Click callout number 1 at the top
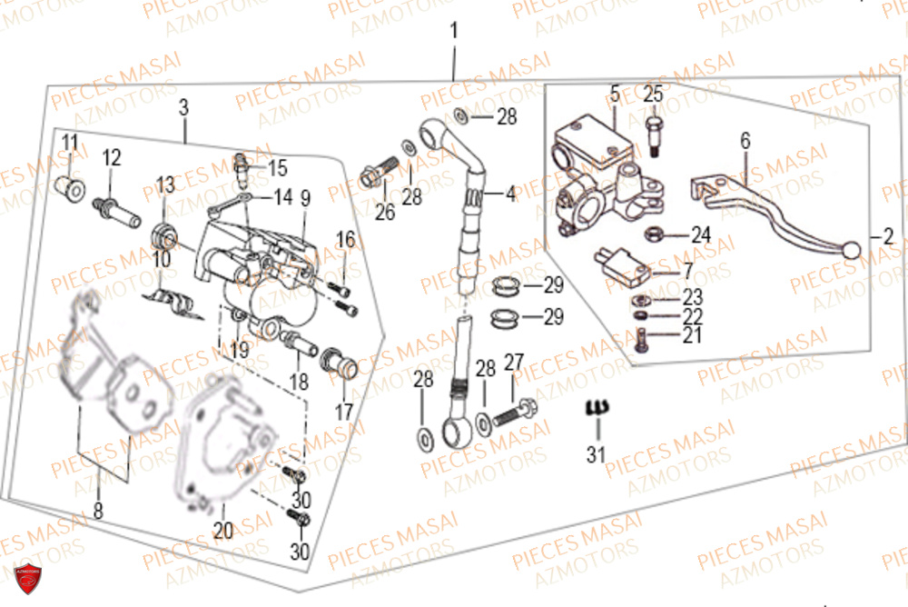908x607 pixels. point(453,32)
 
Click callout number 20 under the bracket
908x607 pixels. point(223,531)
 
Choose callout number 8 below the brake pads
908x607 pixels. point(97,511)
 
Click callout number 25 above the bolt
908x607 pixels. point(654,94)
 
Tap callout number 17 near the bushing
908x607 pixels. point(343,412)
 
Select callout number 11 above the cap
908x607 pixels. point(70,143)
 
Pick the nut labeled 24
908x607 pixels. point(652,234)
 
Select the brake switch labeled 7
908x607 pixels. point(620,264)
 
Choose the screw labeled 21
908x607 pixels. point(643,340)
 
